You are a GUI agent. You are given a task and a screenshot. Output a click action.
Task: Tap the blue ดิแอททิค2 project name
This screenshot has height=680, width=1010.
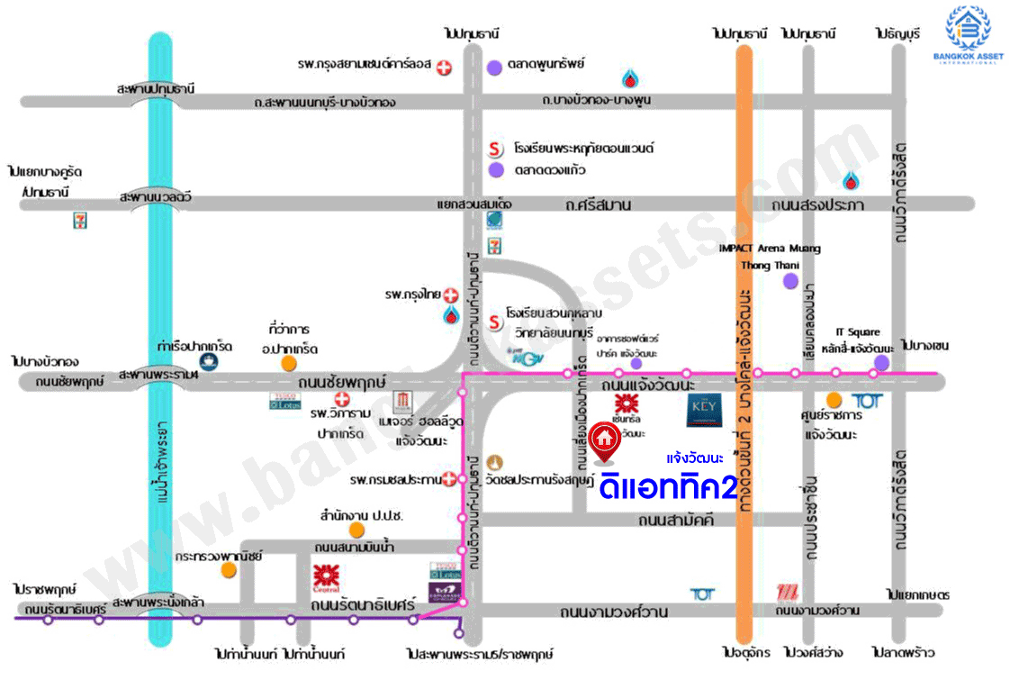(668, 487)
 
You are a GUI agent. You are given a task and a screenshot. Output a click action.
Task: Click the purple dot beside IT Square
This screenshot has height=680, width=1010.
(881, 362)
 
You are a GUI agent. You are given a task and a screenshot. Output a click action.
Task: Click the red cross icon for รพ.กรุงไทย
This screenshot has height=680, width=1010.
(451, 295)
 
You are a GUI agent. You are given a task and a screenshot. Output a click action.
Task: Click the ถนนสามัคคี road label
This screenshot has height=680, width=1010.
(675, 521)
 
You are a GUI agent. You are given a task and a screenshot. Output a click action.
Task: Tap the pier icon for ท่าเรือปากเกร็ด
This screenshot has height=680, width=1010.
(210, 361)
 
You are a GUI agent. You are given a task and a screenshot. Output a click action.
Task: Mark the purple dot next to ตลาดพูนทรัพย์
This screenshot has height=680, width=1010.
(494, 66)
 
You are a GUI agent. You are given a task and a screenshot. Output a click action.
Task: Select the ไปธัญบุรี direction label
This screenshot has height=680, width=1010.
(897, 33)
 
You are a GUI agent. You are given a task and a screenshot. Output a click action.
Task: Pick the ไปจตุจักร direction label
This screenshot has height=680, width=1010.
(743, 652)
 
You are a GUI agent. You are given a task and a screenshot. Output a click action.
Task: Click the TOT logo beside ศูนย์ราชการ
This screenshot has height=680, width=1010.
(866, 400)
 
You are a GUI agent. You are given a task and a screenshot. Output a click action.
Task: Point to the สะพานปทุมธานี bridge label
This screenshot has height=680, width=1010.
(156, 89)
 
